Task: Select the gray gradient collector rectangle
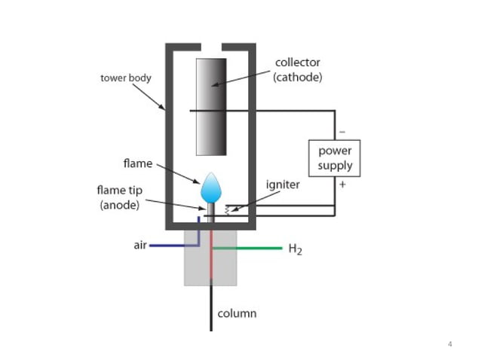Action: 210,106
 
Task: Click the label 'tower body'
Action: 126,78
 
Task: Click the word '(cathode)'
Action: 298,78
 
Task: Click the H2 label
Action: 296,249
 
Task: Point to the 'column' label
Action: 237,313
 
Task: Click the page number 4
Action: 450,345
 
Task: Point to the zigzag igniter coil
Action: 225,210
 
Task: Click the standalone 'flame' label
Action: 138,163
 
